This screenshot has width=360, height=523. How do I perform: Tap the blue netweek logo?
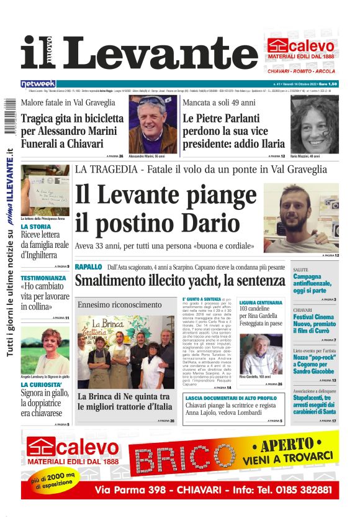[38, 83]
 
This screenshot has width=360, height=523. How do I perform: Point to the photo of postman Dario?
[301, 217]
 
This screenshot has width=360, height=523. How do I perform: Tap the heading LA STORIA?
[35, 227]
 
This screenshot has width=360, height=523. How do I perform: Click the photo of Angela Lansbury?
[45, 350]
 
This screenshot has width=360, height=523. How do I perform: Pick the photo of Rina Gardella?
[261, 355]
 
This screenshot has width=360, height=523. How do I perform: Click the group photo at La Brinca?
[125, 351]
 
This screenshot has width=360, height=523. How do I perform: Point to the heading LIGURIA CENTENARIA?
[261, 302]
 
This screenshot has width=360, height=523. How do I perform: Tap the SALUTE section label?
[300, 270]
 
